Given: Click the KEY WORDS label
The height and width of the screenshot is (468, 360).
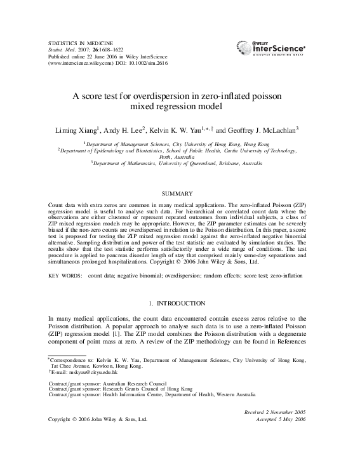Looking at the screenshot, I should (65, 277).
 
